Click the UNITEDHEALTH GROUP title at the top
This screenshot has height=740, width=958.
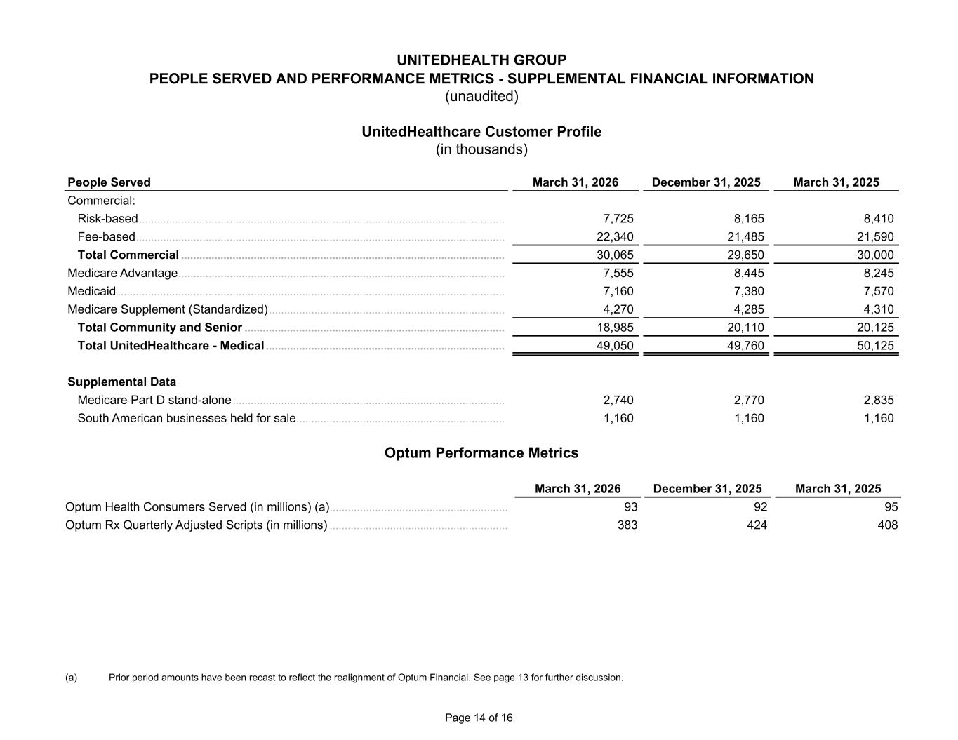point(481,60)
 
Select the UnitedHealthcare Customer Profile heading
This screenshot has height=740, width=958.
point(481,132)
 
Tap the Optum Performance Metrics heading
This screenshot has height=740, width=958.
point(481,453)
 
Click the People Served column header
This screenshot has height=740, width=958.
point(109,182)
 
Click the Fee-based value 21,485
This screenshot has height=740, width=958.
point(745,237)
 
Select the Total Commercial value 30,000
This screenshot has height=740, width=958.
point(874,255)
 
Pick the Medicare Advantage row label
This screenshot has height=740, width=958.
point(123,273)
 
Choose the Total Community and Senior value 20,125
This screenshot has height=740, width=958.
point(874,328)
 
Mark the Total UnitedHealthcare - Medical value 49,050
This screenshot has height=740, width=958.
point(615,346)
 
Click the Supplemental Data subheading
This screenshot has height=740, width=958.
point(122,382)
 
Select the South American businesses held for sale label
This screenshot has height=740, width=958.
point(187,419)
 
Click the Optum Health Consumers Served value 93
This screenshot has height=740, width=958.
point(630,507)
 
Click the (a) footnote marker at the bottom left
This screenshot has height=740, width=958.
point(71,678)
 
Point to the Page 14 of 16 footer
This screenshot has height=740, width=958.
point(479,718)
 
